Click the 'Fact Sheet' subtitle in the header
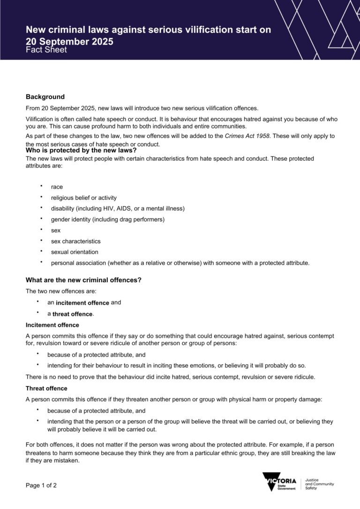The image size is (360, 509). (x=46, y=50)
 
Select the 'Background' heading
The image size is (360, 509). (x=45, y=97)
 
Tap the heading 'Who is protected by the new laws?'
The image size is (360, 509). (x=81, y=150)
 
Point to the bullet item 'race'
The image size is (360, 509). (x=57, y=187)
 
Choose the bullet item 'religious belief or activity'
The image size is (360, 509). (x=84, y=198)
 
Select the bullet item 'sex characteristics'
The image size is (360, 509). (x=75, y=241)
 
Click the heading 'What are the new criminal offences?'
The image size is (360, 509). (x=83, y=280)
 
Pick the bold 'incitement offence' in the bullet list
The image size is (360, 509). (x=82, y=303)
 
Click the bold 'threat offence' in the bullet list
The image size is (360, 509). (x=73, y=314)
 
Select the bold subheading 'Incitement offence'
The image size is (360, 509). (x=52, y=325)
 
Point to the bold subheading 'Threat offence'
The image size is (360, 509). (x=46, y=389)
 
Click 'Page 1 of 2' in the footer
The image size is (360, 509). (x=41, y=486)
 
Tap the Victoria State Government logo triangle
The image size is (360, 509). (x=272, y=482)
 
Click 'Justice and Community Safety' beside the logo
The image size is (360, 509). (x=319, y=484)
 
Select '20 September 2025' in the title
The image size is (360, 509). (x=69, y=41)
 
